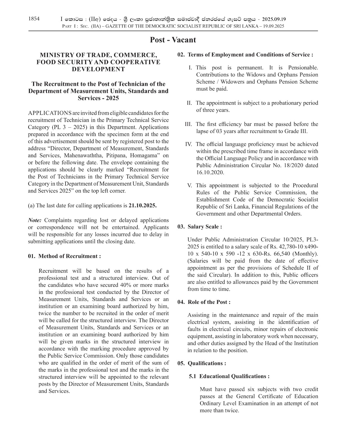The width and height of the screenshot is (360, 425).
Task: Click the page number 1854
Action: click(34, 19)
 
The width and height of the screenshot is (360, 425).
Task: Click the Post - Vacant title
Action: click(173, 40)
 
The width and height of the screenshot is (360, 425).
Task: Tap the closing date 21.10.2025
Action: click(143, 206)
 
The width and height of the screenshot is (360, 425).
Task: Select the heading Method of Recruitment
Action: click(69, 256)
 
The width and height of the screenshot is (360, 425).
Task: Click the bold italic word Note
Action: click(35, 220)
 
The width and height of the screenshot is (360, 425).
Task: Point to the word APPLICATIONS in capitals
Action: click(50, 113)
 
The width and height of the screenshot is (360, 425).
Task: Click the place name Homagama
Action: click(145, 155)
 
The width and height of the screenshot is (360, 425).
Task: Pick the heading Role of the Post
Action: click(209, 302)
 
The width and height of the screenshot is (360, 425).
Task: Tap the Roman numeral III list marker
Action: click(188, 124)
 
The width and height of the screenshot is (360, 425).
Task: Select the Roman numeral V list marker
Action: click(190, 186)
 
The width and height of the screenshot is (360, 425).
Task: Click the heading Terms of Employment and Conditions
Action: click(250, 55)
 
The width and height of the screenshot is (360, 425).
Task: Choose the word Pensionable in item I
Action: click(303, 68)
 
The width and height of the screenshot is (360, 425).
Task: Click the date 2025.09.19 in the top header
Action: click(274, 19)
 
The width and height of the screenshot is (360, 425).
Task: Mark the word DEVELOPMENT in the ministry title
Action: click(98, 69)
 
